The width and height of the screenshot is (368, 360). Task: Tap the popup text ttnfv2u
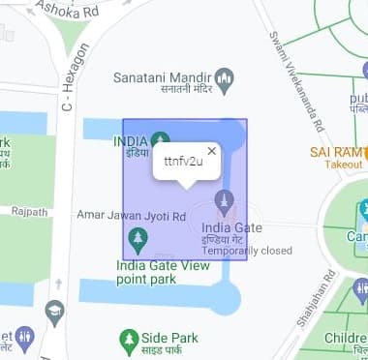point(183,161)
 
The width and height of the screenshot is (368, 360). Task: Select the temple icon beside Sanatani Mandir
point(225,76)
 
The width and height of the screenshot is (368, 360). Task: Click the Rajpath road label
point(29,211)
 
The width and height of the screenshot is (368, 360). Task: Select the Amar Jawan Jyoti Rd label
point(132,218)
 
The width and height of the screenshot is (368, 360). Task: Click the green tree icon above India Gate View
point(138,238)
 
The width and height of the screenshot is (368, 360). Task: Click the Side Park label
point(169,339)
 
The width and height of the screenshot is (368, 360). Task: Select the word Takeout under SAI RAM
point(343,165)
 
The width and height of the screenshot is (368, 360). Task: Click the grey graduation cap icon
point(54,310)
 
